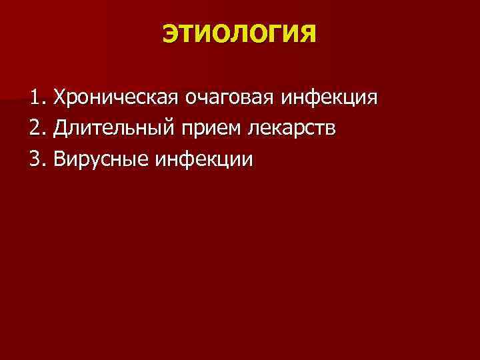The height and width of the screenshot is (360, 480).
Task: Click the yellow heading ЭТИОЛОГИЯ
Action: click(239, 31)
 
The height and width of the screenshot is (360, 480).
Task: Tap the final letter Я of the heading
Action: click(309, 31)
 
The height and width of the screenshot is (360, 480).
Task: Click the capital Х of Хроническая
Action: click(61, 98)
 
